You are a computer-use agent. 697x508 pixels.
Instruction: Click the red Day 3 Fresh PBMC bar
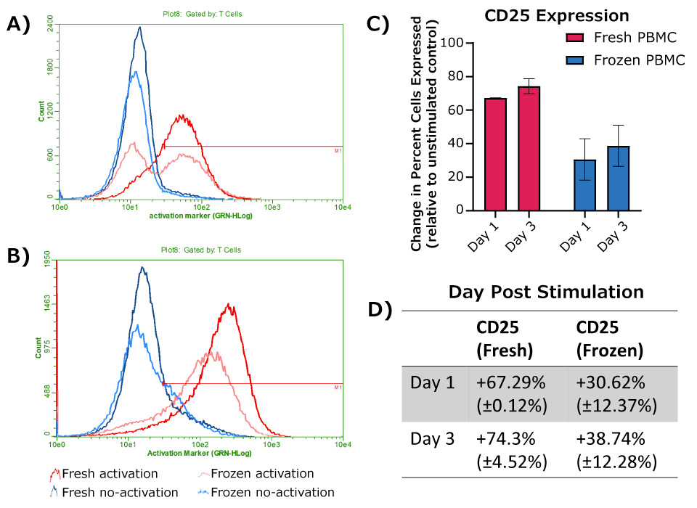(x=528, y=148)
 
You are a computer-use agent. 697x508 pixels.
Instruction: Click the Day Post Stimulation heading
(x=545, y=292)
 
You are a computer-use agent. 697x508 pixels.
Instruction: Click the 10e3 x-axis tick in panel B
(x=272, y=444)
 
